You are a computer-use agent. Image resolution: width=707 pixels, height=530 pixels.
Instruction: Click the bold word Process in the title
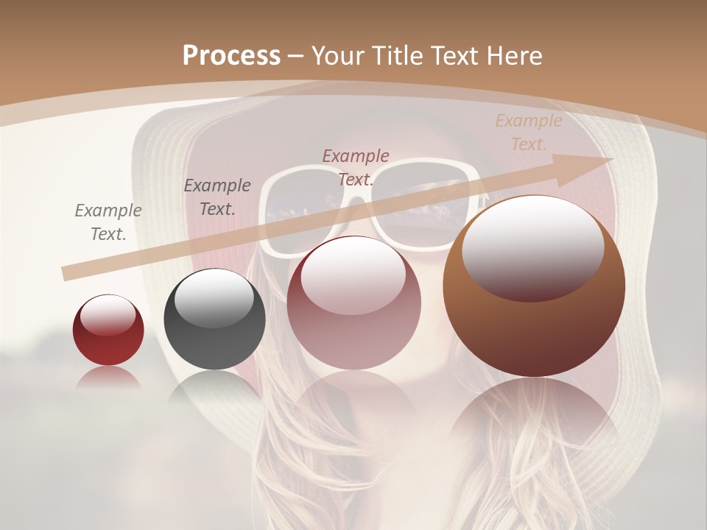tap(231, 55)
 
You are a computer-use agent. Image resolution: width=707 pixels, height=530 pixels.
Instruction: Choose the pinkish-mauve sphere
tap(354, 324)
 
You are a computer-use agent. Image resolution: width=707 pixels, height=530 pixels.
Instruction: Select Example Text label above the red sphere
tap(108, 222)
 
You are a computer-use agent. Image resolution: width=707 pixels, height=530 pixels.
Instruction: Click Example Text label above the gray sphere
tap(217, 197)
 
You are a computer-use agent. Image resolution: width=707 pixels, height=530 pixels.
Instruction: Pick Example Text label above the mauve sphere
tap(356, 167)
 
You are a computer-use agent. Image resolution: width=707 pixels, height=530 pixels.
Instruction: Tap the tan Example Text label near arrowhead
tap(528, 132)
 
